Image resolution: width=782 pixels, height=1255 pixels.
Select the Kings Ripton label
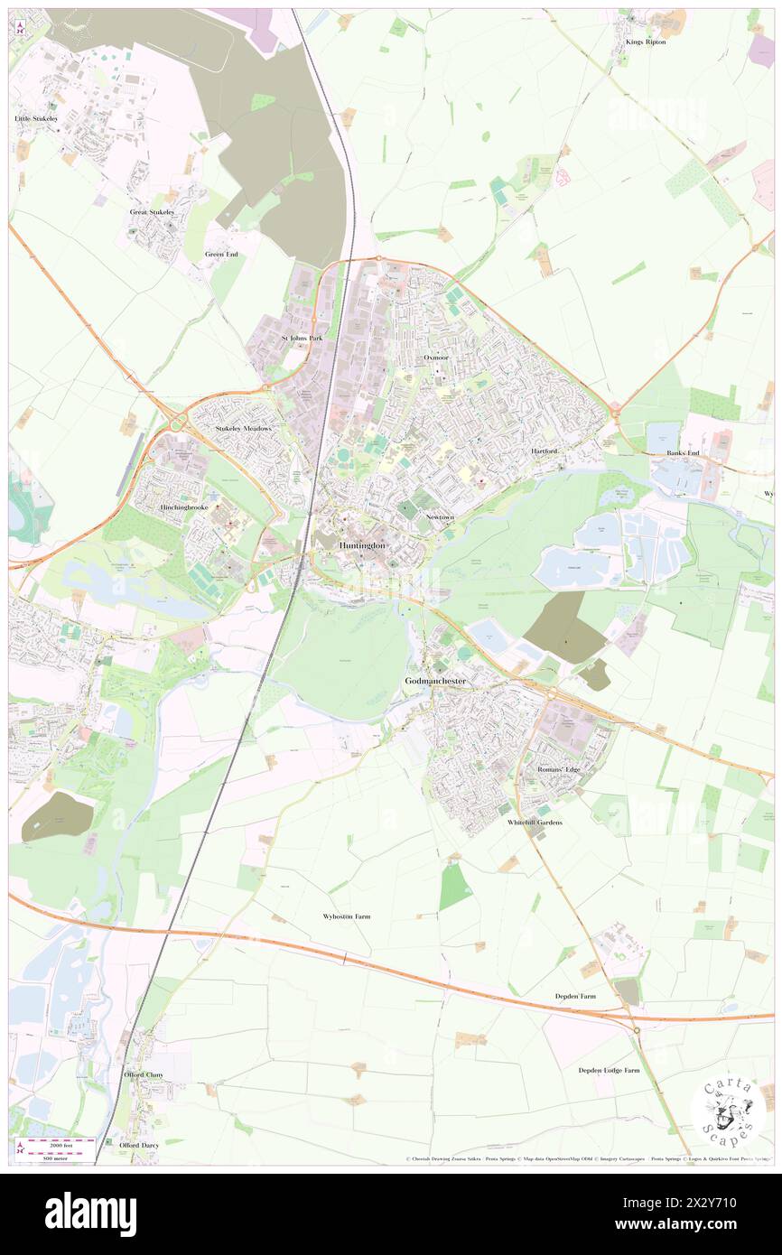(x=645, y=42)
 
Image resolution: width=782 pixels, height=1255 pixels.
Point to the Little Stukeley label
(x=36, y=118)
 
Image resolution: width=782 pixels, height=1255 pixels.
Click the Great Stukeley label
(x=152, y=211)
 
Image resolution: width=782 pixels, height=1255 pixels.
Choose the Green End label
(x=221, y=254)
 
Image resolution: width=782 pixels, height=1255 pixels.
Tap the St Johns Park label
(x=302, y=338)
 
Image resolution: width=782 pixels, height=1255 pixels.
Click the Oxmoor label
(x=436, y=358)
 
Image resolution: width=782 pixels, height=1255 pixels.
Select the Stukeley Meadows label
(x=243, y=428)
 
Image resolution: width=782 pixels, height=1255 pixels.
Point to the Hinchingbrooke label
(x=186, y=508)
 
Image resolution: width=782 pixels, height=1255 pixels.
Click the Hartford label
(x=545, y=451)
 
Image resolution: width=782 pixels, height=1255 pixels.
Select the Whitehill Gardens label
(x=535, y=823)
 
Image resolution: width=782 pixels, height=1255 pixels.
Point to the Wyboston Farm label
(x=347, y=916)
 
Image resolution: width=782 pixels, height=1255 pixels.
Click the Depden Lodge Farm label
(x=609, y=1070)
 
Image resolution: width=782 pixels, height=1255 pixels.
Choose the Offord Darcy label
(x=139, y=1145)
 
